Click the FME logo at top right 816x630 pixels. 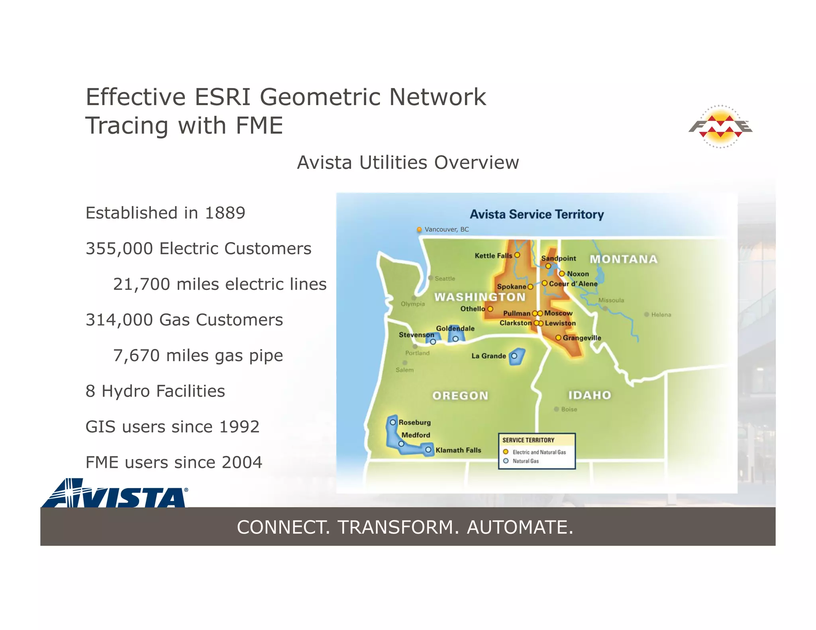pos(720,127)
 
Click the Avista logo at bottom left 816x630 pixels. pos(115,494)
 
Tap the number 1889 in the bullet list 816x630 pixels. pos(225,213)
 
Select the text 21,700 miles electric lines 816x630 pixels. pos(220,284)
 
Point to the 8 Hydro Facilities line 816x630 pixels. pos(155,391)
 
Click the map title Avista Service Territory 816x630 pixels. pos(536,214)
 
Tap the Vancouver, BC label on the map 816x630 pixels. pos(446,229)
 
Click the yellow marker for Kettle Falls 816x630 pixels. pos(517,255)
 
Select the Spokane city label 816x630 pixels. pos(511,287)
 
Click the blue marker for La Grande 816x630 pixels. pos(514,356)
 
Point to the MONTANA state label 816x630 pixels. pos(623,259)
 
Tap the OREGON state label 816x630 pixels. pos(460,395)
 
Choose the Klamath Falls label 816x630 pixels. pos(458,450)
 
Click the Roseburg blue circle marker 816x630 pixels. pos(393,422)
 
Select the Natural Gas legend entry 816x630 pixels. pos(525,461)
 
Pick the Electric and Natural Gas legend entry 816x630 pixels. pos(539,452)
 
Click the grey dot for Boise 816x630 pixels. pos(556,409)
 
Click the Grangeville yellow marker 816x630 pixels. pos(558,338)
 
